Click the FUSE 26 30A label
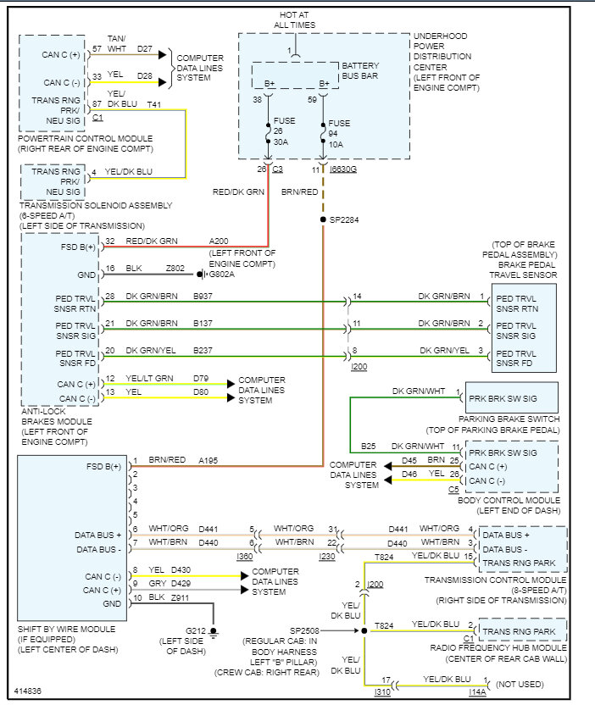click(285, 131)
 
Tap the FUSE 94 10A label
click(339, 134)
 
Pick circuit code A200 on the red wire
click(220, 241)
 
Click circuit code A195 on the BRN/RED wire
click(209, 459)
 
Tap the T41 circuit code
click(153, 104)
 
